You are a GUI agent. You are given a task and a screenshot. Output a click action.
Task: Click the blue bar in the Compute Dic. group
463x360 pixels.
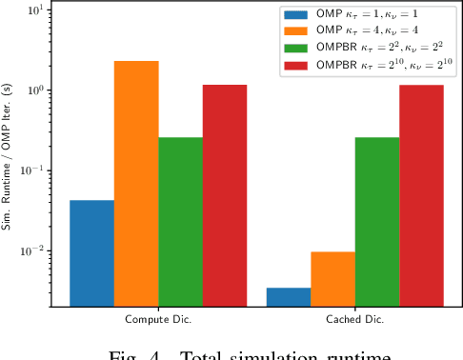(x=92, y=253)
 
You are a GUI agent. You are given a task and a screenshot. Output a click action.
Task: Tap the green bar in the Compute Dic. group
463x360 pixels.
(x=180, y=222)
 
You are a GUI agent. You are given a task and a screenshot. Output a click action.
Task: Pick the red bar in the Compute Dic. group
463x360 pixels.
(x=225, y=195)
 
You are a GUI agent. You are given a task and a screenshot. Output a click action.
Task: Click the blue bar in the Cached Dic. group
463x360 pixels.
(x=289, y=297)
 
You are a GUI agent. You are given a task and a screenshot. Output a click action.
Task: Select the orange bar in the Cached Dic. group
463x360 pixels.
(x=332, y=279)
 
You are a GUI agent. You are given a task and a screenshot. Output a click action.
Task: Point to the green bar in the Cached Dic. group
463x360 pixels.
(x=377, y=222)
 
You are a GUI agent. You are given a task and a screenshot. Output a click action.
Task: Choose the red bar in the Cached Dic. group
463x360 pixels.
(x=421, y=195)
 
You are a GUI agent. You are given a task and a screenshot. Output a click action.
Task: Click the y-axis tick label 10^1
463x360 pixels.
(x=34, y=10)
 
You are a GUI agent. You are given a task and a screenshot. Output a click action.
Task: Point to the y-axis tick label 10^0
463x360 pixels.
(x=34, y=90)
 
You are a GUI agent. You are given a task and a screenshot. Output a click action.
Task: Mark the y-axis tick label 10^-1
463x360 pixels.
(x=32, y=170)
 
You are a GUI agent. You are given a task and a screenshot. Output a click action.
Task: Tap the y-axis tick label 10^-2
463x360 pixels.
(x=32, y=250)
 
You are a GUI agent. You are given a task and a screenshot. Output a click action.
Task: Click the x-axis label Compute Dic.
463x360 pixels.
(x=158, y=320)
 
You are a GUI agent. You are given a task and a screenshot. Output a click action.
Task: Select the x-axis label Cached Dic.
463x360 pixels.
(x=354, y=320)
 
